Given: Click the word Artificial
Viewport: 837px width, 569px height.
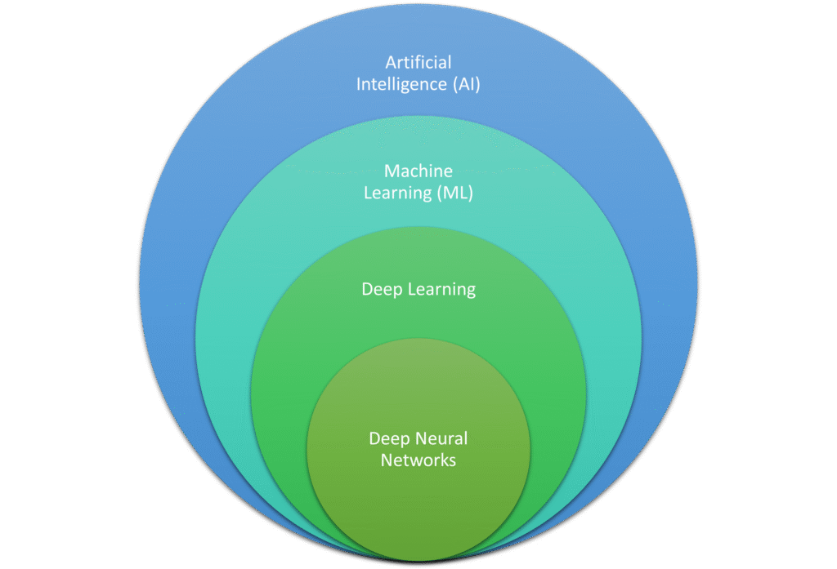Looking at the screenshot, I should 418,62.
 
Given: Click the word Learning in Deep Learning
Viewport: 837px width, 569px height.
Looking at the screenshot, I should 440,291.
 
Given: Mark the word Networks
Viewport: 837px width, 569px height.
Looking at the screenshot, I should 418,460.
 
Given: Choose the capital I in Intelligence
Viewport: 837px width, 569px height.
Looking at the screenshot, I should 359,83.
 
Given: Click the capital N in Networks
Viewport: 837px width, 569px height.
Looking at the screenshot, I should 386,460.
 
